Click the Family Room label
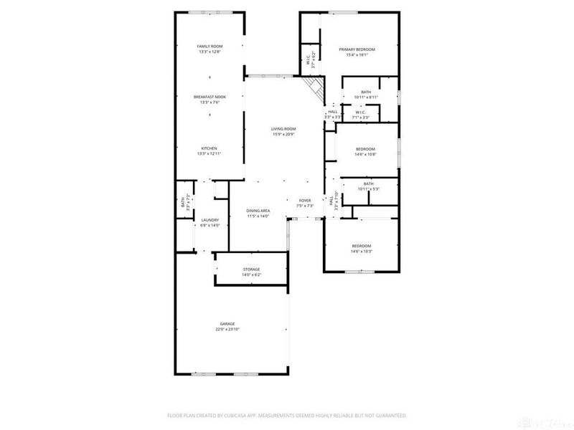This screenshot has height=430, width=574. click(x=210, y=46)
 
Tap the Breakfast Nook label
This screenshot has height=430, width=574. click(x=210, y=97)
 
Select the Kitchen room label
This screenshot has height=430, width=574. click(x=210, y=148)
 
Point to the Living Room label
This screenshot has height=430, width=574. click(x=284, y=129)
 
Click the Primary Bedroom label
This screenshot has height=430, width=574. click(x=357, y=49)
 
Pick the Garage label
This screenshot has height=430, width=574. click(x=227, y=323)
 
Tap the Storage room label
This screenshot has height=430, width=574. click(x=251, y=269)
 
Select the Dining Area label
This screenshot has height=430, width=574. click(x=258, y=211)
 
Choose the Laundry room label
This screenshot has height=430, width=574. click(x=210, y=220)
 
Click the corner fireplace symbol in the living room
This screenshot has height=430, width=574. click(x=314, y=89)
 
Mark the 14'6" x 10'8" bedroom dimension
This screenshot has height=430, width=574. click(x=365, y=154)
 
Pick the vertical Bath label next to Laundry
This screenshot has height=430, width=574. click(x=182, y=202)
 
